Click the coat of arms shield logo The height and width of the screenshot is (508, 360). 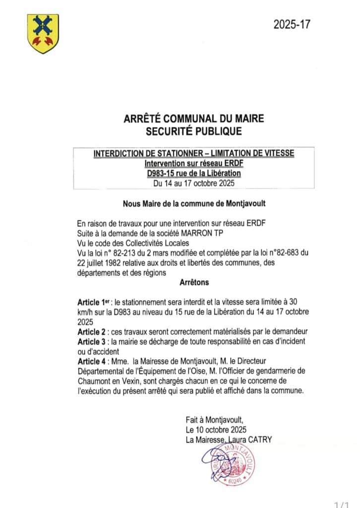(x=43, y=34)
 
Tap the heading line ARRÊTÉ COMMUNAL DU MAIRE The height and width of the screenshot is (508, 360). (x=193, y=119)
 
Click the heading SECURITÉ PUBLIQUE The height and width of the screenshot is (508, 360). (x=193, y=131)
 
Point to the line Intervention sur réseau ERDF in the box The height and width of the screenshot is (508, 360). (x=193, y=164)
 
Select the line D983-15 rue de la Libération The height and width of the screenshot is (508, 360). (x=193, y=174)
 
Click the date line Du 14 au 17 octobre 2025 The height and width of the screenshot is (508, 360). (x=193, y=183)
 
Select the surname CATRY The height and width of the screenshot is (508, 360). (x=257, y=440)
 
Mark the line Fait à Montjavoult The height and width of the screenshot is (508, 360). (x=215, y=420)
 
